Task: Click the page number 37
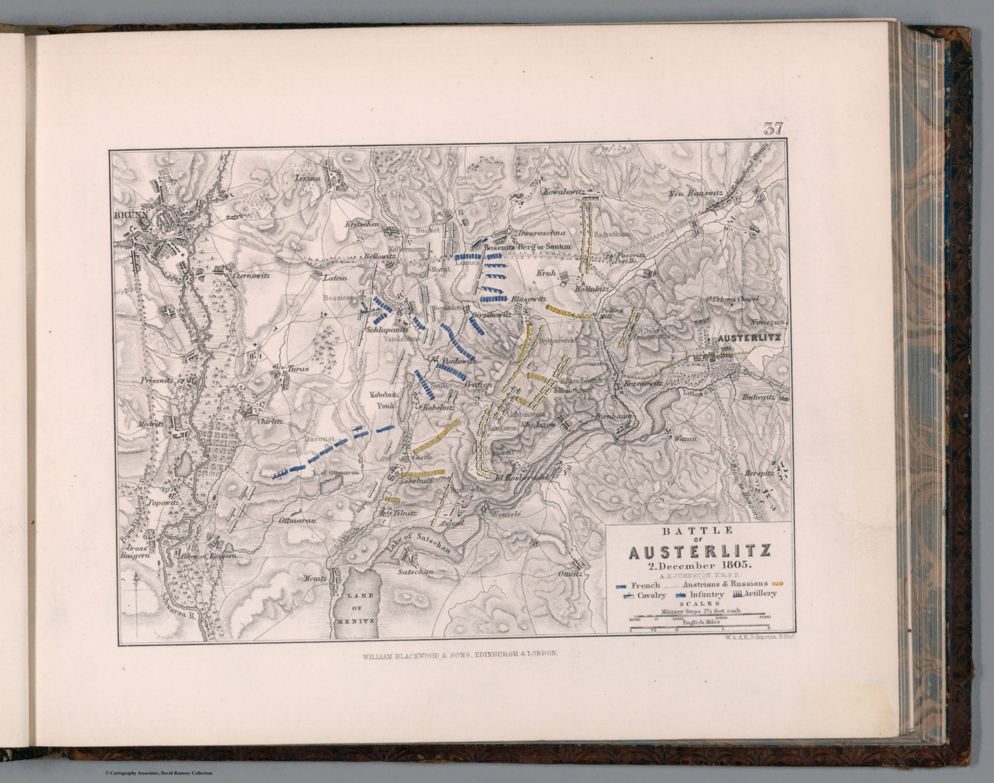coord(773,129)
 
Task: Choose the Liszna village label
coord(307,177)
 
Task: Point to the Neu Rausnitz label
coord(691,193)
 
